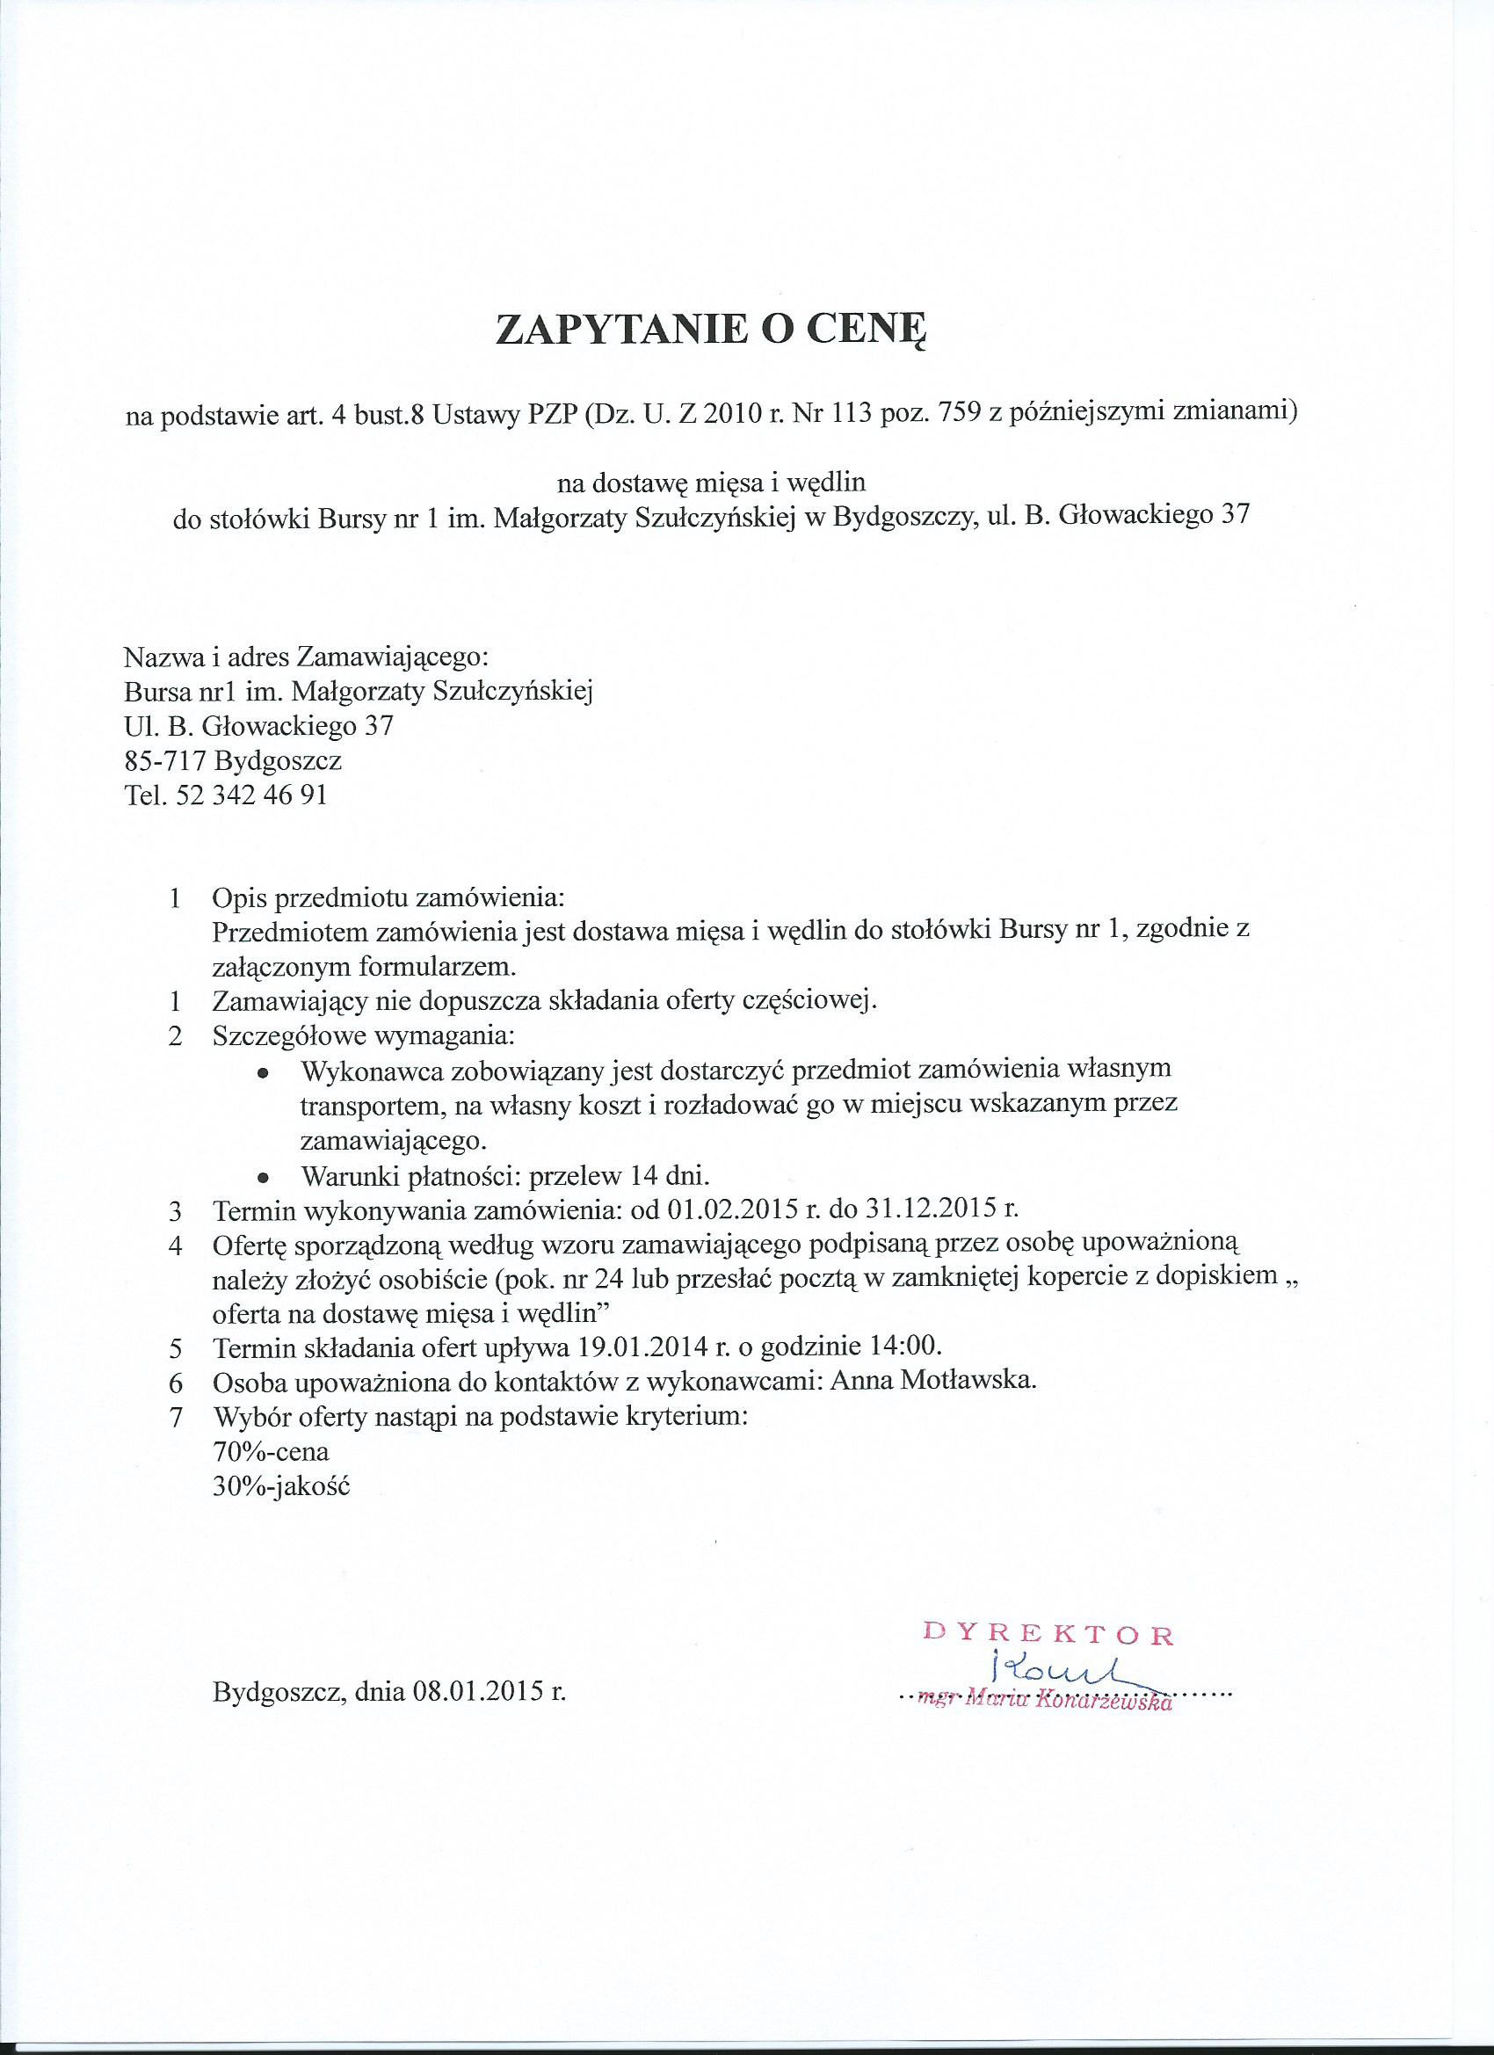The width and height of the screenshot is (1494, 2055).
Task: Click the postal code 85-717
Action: pyautogui.click(x=163, y=760)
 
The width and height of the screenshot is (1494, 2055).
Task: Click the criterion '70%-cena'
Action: pyautogui.click(x=270, y=1451)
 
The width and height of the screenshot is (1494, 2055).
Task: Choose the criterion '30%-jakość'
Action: pyautogui.click(x=280, y=1486)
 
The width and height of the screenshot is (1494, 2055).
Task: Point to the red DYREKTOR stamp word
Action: pyautogui.click(x=1048, y=1636)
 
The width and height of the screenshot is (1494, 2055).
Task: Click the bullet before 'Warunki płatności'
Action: pyautogui.click(x=263, y=1178)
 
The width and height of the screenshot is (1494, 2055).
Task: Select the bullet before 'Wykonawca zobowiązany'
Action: pyautogui.click(x=263, y=1073)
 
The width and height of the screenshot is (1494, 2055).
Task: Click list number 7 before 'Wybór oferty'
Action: pyautogui.click(x=177, y=1417)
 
